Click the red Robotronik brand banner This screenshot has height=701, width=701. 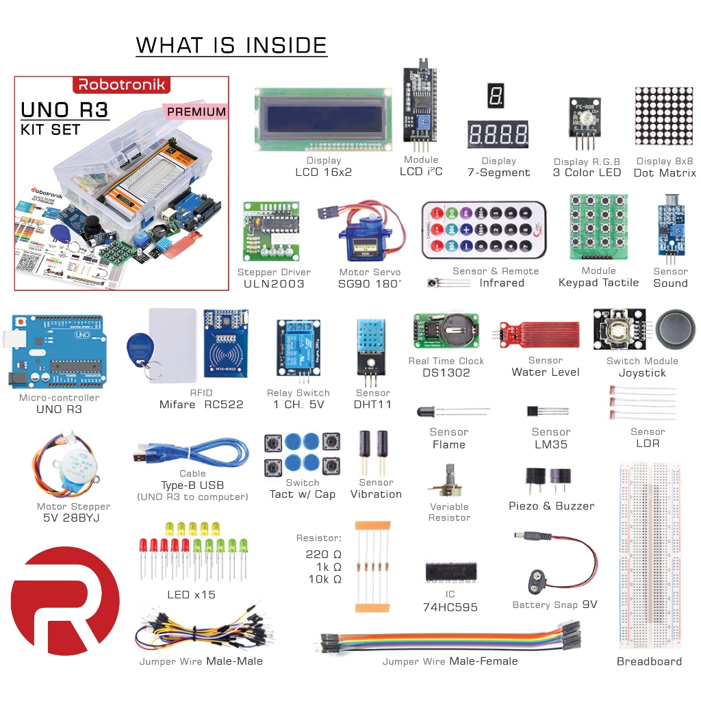click(121, 85)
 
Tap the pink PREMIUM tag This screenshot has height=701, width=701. click(196, 112)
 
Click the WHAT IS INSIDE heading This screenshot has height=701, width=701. click(231, 45)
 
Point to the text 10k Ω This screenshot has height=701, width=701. click(324, 579)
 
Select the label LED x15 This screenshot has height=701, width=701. click(191, 594)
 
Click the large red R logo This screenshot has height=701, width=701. click(65, 591)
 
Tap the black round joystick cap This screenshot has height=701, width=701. click(677, 327)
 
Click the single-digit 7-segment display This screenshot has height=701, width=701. click(496, 95)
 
